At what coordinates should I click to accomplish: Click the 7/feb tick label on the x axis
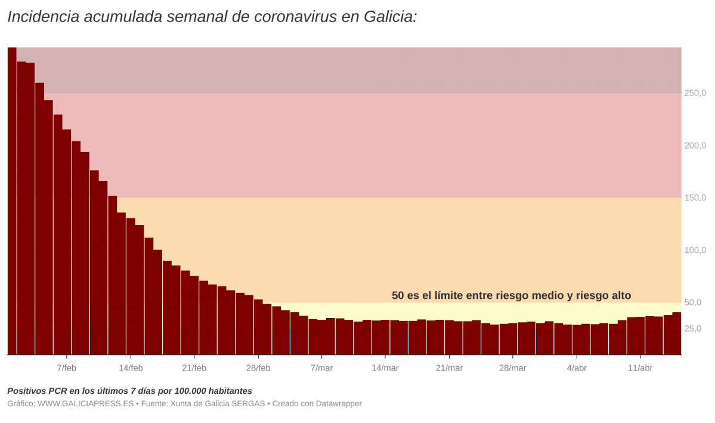click(x=67, y=368)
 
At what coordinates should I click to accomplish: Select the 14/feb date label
click(x=131, y=368)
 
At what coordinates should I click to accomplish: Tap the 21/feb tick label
click(x=194, y=368)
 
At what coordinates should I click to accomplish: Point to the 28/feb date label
click(x=258, y=368)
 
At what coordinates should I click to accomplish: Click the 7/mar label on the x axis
click(x=321, y=368)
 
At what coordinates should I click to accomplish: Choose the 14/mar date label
click(x=385, y=368)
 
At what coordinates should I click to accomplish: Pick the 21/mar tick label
click(x=449, y=368)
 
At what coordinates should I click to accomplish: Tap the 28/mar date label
click(x=513, y=368)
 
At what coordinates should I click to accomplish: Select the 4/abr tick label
click(x=577, y=368)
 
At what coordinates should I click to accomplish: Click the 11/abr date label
click(x=640, y=368)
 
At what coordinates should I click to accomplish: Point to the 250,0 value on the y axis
click(x=695, y=94)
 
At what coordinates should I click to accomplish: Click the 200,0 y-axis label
click(x=695, y=146)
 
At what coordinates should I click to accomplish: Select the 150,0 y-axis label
click(x=695, y=198)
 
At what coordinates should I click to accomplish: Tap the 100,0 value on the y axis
click(x=695, y=251)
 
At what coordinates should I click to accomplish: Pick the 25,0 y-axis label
click(x=694, y=329)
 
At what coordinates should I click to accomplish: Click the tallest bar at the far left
click(x=12, y=203)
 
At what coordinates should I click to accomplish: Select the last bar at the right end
click(x=677, y=334)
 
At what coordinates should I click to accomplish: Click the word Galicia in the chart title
click(x=388, y=17)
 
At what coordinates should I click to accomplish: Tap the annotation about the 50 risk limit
click(x=511, y=295)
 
